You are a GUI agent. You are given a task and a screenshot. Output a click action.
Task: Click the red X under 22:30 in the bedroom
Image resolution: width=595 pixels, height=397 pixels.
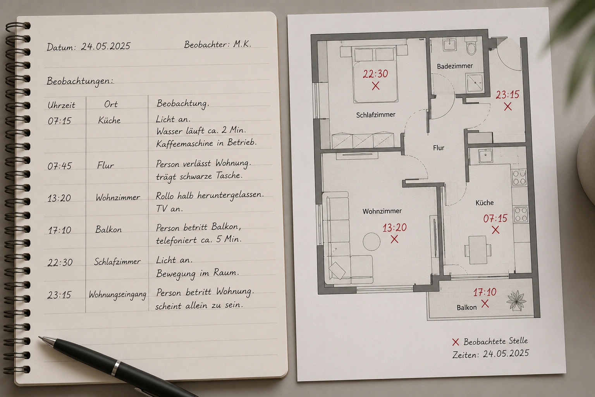[376, 86]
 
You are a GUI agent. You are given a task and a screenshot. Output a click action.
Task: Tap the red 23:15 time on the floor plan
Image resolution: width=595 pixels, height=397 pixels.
[507, 94]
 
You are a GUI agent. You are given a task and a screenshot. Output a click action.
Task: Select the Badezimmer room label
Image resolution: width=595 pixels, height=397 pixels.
[455, 66]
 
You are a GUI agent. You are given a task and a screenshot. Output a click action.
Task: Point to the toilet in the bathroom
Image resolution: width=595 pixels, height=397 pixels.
[471, 47]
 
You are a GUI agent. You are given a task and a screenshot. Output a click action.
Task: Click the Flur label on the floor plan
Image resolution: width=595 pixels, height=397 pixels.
[439, 148]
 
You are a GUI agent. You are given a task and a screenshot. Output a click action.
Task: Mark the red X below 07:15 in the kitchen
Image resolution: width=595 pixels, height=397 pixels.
[495, 230]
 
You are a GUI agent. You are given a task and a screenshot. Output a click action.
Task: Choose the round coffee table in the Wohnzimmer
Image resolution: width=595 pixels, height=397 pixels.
[371, 242]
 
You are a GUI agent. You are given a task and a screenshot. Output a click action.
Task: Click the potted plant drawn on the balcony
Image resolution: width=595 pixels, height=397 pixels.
[516, 301]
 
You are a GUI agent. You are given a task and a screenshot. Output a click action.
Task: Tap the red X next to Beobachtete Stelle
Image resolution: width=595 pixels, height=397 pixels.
[456, 342]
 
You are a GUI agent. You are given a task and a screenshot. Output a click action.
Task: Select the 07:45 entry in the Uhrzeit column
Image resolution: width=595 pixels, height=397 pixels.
[60, 166]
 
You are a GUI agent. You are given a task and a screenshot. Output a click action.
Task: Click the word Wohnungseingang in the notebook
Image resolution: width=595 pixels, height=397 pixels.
[117, 294]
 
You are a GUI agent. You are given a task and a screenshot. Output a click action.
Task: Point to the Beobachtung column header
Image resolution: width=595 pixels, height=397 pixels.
[183, 104]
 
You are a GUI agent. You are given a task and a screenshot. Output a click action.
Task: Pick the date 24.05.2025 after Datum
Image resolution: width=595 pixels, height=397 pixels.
[106, 46]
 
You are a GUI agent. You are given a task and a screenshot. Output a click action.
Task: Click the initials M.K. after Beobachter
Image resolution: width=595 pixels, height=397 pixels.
[242, 44]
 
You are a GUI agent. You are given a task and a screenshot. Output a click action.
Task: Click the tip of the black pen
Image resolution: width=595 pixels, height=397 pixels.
[40, 337]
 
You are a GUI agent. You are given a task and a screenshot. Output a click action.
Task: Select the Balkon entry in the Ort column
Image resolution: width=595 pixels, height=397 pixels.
[108, 229]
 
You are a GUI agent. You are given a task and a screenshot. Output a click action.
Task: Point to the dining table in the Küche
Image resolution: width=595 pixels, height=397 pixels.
[478, 250]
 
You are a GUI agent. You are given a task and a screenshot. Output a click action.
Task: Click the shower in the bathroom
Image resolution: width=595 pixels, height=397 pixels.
[475, 83]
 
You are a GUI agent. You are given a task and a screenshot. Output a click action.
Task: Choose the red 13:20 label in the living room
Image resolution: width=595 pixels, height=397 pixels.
[394, 228]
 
